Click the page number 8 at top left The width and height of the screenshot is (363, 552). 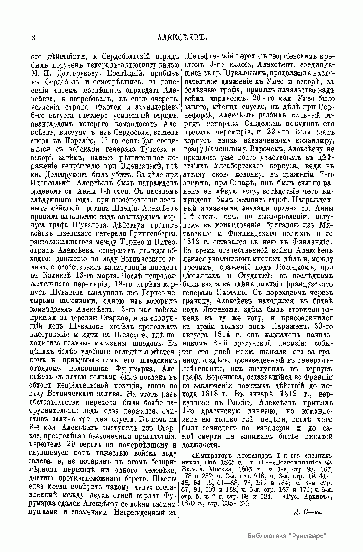(x=33, y=38)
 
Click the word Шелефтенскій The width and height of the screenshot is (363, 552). (x=211, y=57)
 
